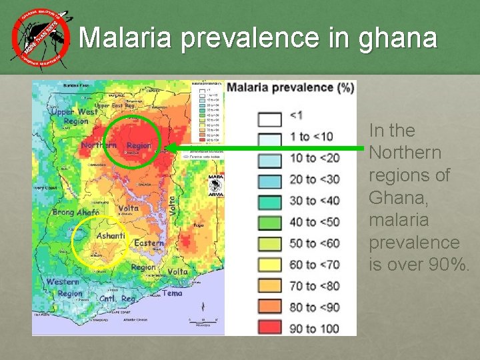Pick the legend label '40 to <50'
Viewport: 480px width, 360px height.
315,222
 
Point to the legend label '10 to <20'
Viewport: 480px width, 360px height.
315,158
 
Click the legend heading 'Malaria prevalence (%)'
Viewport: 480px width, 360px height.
289,88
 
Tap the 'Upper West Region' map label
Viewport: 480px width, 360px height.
73,117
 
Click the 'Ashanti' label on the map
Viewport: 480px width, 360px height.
111,236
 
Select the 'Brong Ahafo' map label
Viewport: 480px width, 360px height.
76,213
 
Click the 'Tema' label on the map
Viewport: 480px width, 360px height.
172,293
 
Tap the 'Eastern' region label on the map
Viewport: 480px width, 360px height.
149,243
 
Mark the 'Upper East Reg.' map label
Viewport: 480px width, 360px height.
115,105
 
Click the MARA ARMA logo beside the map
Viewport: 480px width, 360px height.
215,185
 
